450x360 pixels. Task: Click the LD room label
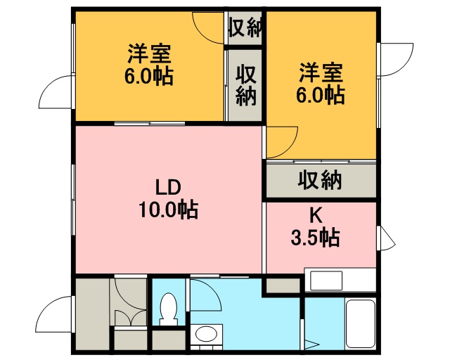click(x=168, y=188)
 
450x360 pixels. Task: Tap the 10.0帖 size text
click(x=169, y=210)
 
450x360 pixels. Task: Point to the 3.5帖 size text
click(x=316, y=238)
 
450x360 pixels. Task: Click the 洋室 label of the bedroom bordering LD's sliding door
click(x=149, y=53)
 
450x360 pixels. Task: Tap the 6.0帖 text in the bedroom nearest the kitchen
click(x=321, y=95)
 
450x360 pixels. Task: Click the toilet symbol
click(x=169, y=309)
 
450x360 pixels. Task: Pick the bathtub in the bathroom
click(x=361, y=324)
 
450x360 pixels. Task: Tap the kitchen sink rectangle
click(x=326, y=280)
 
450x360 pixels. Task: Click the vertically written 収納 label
click(x=246, y=85)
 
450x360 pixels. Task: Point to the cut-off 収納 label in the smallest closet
click(x=245, y=27)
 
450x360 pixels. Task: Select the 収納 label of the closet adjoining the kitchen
click(x=320, y=180)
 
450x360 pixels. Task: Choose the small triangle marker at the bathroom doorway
click(x=309, y=345)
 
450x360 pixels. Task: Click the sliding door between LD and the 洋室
click(x=150, y=124)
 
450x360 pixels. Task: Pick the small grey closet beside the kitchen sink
click(x=283, y=285)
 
